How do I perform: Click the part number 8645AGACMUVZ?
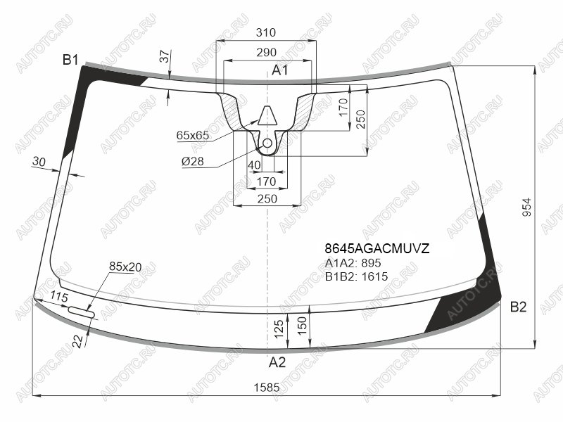coord(377,248)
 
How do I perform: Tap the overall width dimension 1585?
coord(267,388)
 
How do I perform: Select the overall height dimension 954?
coord(526,207)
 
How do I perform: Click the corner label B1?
coord(70,60)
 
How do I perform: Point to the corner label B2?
coord(518,307)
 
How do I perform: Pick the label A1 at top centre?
coord(279,70)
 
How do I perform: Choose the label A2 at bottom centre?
coord(277,362)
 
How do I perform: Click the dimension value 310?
coord(266,32)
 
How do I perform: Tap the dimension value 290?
coord(267,52)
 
